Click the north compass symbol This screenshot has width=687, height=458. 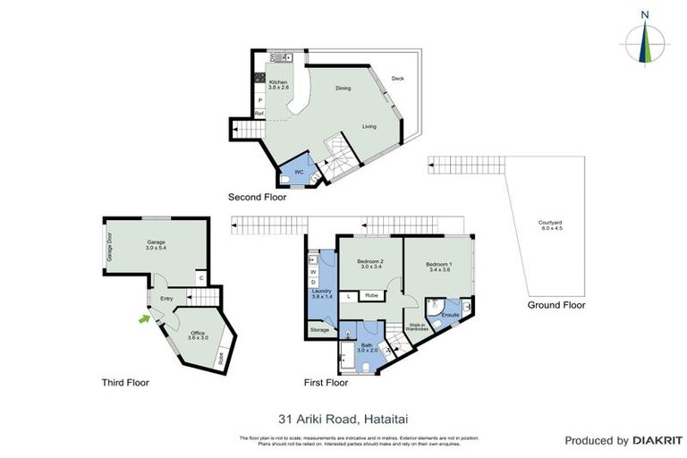click(645, 39)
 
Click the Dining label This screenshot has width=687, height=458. click(343, 88)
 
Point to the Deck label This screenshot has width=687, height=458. click(398, 79)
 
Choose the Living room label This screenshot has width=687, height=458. click(369, 126)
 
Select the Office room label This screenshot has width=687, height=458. click(198, 335)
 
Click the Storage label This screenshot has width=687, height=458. click(319, 331)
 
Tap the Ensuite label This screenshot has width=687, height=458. click(449, 315)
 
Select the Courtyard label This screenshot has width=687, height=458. click(550, 225)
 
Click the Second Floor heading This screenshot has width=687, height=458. click(257, 197)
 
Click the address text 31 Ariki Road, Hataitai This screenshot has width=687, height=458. click(342, 417)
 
